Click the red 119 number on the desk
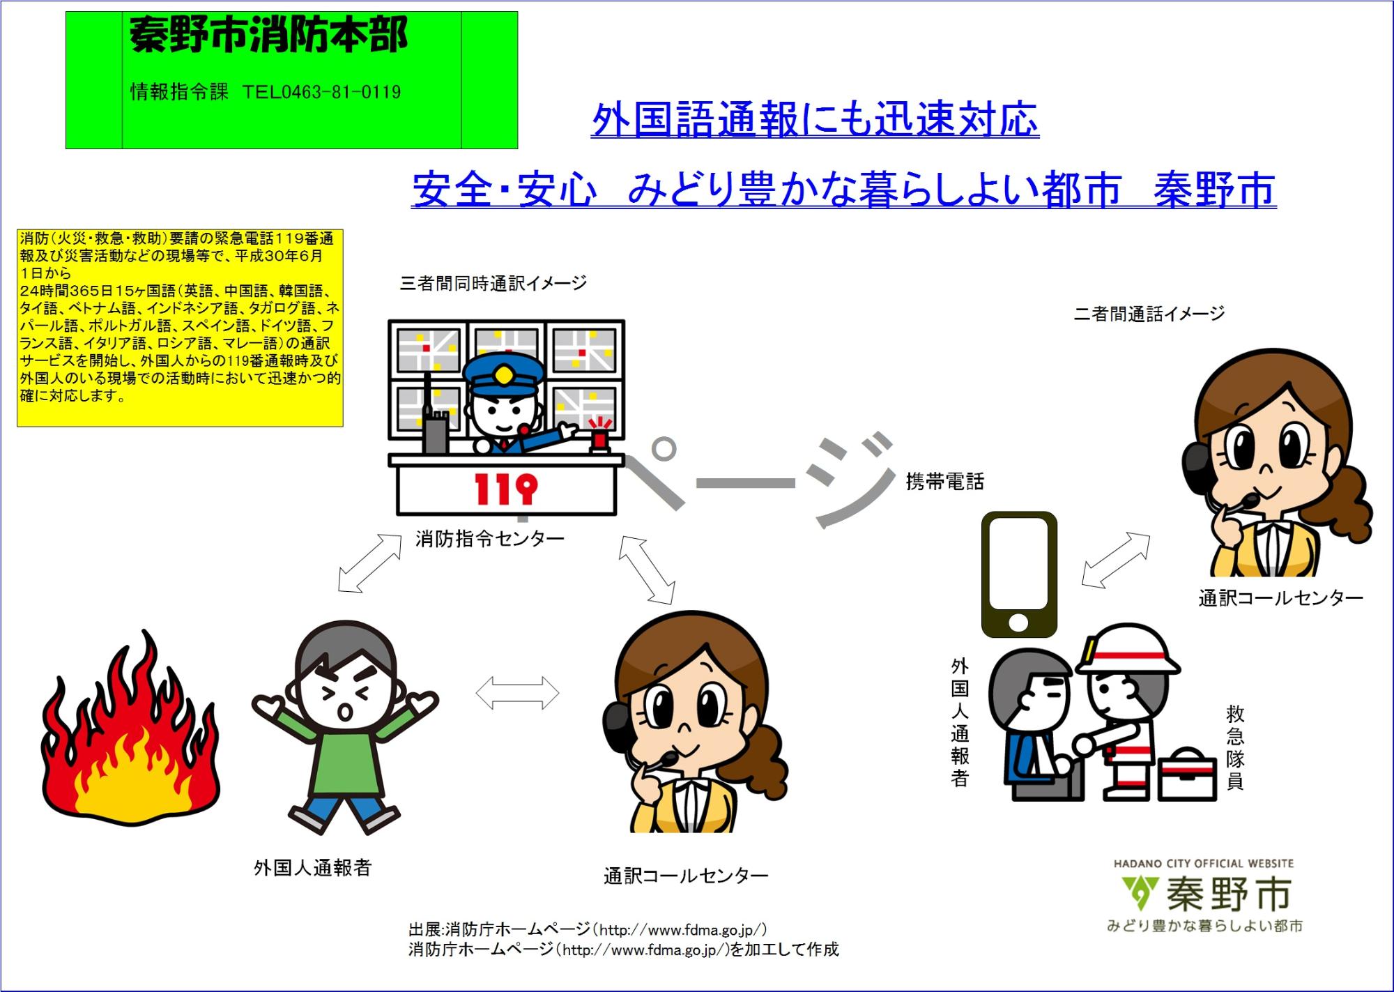506,489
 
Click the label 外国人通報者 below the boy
312,868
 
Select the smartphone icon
1019,574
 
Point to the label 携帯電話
944,482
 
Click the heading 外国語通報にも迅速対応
815,120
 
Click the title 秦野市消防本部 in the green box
268,35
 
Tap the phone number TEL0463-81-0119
321,92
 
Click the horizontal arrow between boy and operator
517,693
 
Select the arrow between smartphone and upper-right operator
1116,560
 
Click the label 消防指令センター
489,539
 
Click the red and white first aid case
1186,775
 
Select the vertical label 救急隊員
1235,747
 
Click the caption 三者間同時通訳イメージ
493,283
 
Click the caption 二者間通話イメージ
1149,314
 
